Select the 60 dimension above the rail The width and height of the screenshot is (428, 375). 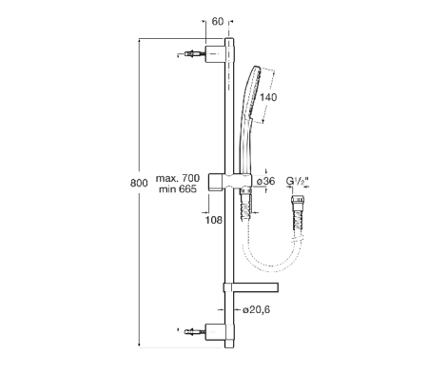218,20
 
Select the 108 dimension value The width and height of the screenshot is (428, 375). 215,219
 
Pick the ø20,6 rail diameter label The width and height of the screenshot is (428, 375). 256,310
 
